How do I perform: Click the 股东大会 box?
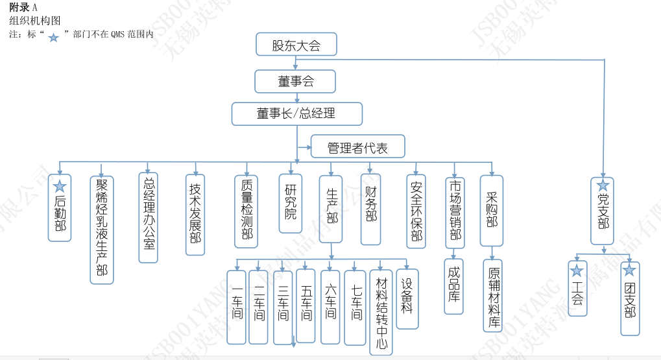(296, 45)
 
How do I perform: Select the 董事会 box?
(296, 81)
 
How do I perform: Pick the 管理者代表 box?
(357, 147)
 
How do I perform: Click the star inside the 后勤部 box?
(60, 187)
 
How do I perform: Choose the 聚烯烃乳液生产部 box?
(101, 230)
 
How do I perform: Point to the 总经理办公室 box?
(149, 217)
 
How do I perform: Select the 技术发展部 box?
(195, 214)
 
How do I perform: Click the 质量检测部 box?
(246, 211)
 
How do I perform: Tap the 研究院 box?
(290, 203)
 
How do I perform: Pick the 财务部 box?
(370, 208)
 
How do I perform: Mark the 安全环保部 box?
(416, 211)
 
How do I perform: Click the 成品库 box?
(454, 285)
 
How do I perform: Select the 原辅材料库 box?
(493, 295)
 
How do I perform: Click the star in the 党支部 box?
(603, 186)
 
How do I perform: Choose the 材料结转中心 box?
(381, 312)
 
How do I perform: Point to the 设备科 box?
(407, 298)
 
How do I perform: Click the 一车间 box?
(237, 306)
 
